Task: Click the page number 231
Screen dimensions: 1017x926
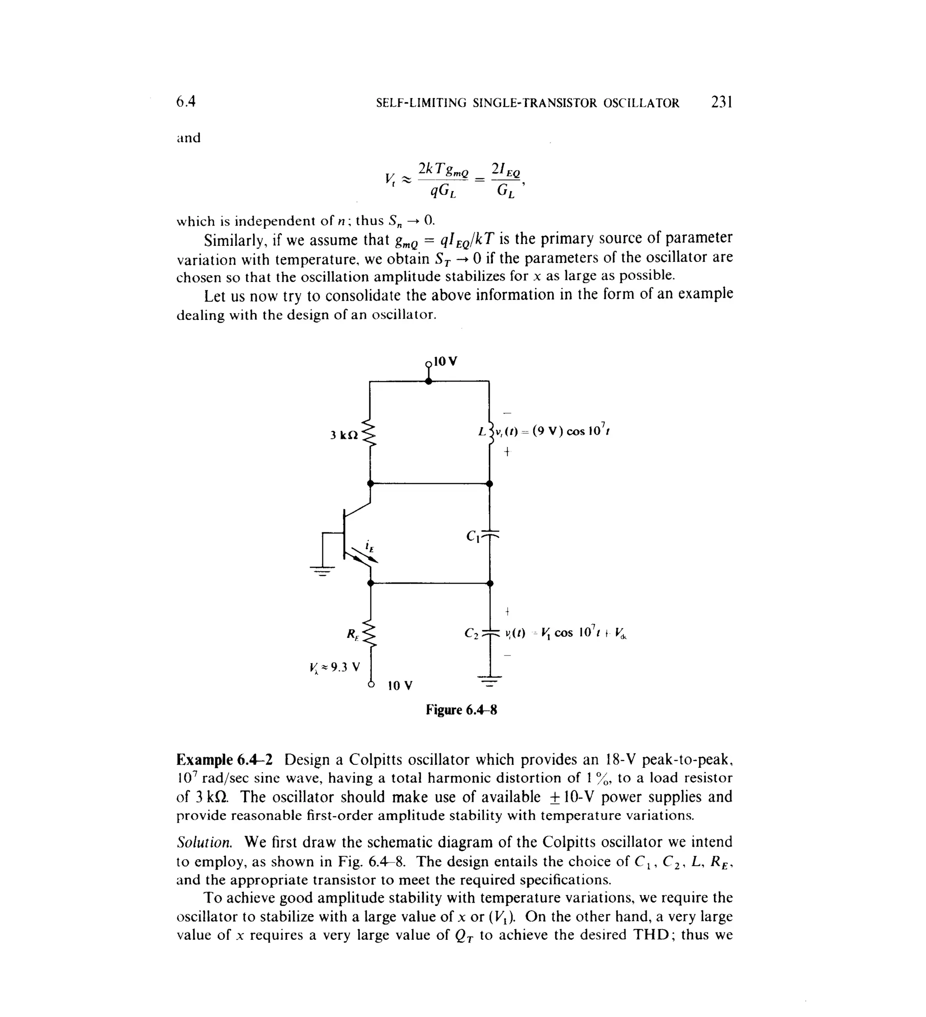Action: [721, 103]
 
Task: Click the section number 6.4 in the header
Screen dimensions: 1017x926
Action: [185, 103]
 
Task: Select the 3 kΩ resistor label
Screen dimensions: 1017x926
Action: [344, 435]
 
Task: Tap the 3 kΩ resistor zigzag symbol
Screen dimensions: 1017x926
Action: [370, 432]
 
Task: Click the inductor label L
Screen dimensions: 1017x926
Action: [482, 432]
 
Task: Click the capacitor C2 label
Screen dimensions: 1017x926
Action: [471, 633]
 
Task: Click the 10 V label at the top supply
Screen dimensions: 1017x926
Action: [445, 361]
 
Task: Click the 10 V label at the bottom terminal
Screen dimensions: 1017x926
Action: [400, 686]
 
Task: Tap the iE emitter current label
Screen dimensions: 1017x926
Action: [370, 546]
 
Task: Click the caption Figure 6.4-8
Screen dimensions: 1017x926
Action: [461, 710]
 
